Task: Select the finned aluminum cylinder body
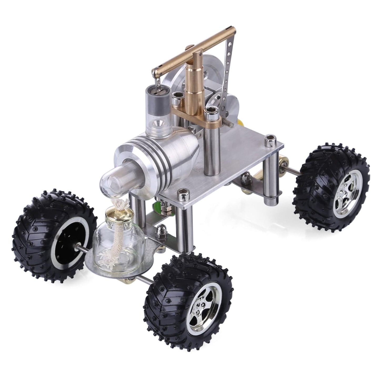tap(158, 155)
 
